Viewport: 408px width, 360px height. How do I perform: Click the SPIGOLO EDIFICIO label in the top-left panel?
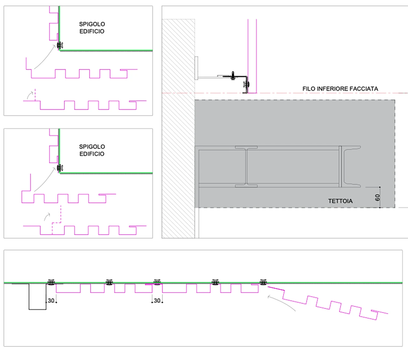[x=92, y=28]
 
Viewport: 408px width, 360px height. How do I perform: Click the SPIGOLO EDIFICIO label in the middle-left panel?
[x=92, y=150]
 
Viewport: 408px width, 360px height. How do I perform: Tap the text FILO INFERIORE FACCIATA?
[x=340, y=89]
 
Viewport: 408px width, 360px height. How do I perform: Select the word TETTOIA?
[x=340, y=201]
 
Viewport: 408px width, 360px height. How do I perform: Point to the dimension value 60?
[x=377, y=198]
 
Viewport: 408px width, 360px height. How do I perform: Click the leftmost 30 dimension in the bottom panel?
[x=51, y=300]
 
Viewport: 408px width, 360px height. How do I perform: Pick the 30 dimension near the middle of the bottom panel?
[x=157, y=300]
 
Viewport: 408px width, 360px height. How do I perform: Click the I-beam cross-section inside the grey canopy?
[x=246, y=166]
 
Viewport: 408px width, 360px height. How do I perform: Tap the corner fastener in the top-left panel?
[x=59, y=46]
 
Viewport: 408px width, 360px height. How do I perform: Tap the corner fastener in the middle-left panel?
[x=60, y=168]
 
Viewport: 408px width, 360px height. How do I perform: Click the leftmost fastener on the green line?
[x=51, y=282]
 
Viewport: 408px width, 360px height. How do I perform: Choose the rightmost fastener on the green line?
[x=263, y=282]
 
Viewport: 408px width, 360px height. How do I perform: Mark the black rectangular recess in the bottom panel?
[x=38, y=296]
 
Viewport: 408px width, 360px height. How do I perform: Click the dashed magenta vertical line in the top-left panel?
[x=35, y=95]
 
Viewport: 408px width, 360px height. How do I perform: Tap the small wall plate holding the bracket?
[x=196, y=68]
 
